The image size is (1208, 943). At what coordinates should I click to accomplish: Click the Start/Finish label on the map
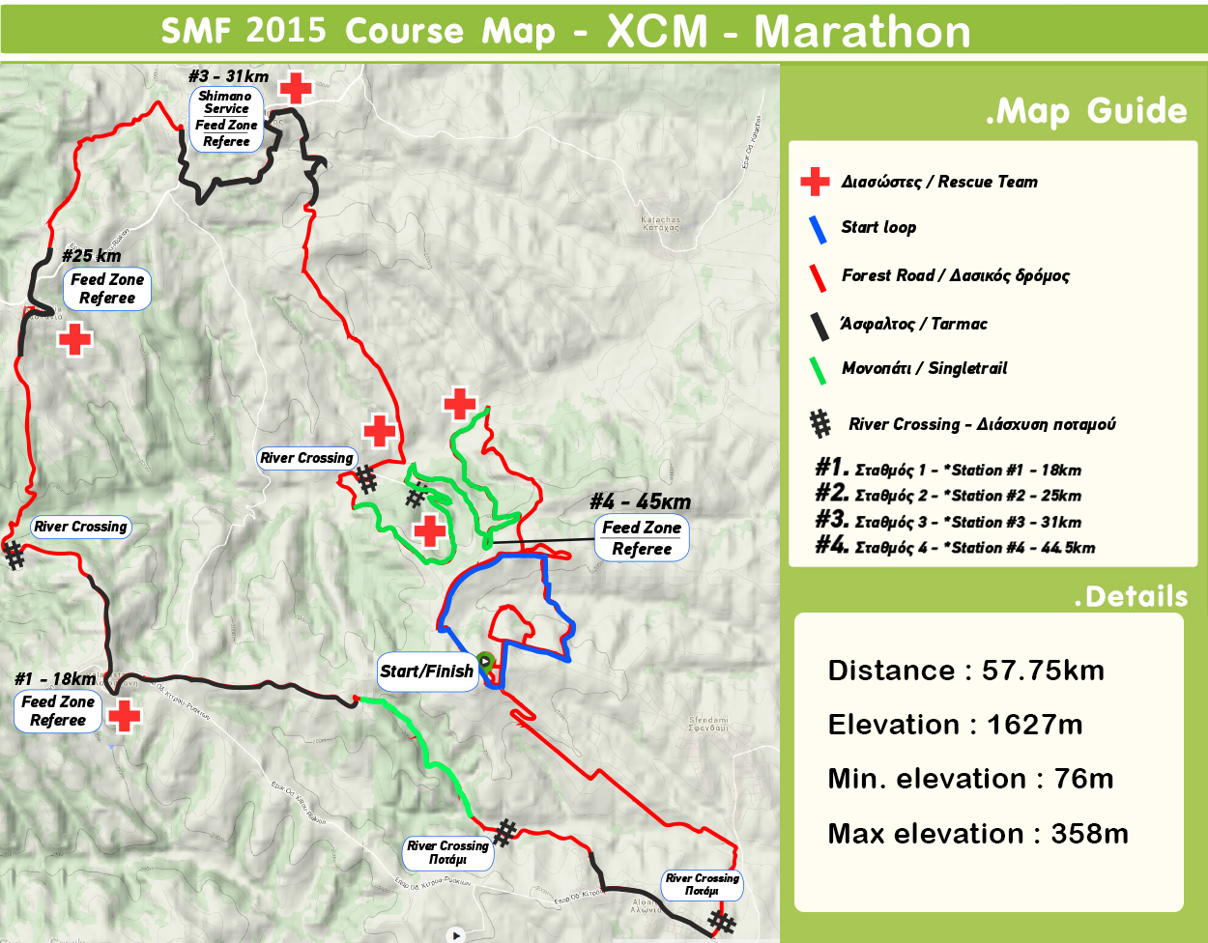pos(426,672)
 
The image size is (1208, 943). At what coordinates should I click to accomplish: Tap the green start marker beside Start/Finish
pos(486,662)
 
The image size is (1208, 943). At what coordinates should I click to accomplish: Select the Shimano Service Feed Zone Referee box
pos(226,119)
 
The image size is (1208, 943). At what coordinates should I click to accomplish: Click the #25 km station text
pos(92,256)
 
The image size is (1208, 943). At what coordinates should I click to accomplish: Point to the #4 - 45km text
pos(641,501)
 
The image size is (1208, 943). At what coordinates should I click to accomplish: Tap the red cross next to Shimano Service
pos(296,88)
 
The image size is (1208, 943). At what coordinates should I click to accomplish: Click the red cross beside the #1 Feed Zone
pos(125,716)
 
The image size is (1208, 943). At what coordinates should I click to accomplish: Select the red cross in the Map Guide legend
pos(816,182)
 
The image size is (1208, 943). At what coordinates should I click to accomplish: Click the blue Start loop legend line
pos(818,228)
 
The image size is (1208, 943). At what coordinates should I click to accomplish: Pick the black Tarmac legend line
pos(820,326)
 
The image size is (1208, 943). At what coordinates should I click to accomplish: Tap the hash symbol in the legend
pos(820,423)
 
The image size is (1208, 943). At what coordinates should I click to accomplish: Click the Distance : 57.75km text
pos(965,671)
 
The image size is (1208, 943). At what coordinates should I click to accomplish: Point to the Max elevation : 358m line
pos(977,834)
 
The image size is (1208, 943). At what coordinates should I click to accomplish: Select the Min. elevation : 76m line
pos(970,779)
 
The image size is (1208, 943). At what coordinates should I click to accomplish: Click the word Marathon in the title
pos(862,31)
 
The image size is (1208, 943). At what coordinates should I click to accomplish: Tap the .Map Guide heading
pos(1085,111)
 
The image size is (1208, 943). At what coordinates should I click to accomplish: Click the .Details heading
pos(1130,596)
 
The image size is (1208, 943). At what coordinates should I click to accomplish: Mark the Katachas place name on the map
pos(661,223)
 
